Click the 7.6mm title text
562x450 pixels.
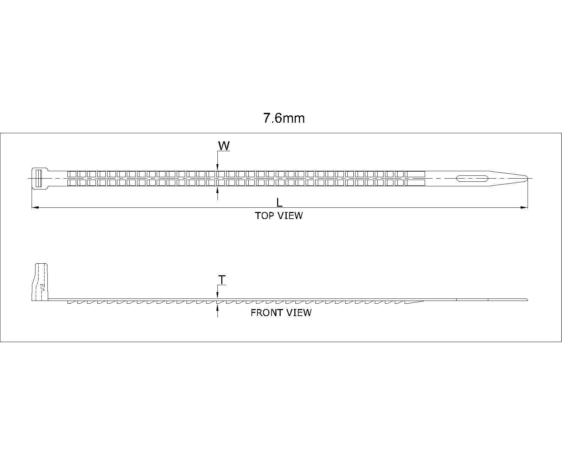point(283,118)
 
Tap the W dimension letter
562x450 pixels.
point(224,146)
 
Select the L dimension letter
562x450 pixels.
point(280,202)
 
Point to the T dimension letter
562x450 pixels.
point(222,280)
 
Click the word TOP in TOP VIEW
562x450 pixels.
point(264,216)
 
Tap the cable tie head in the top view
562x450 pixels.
point(40,178)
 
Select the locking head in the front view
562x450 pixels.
point(40,282)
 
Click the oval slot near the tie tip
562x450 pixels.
point(472,179)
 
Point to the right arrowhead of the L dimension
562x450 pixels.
point(524,208)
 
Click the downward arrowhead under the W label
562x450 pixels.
point(217,167)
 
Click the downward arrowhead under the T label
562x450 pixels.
point(217,295)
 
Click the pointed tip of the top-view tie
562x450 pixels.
point(528,179)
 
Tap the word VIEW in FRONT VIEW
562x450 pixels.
point(299,313)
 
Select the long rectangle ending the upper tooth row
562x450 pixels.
point(415,174)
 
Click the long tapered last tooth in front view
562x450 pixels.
point(414,302)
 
